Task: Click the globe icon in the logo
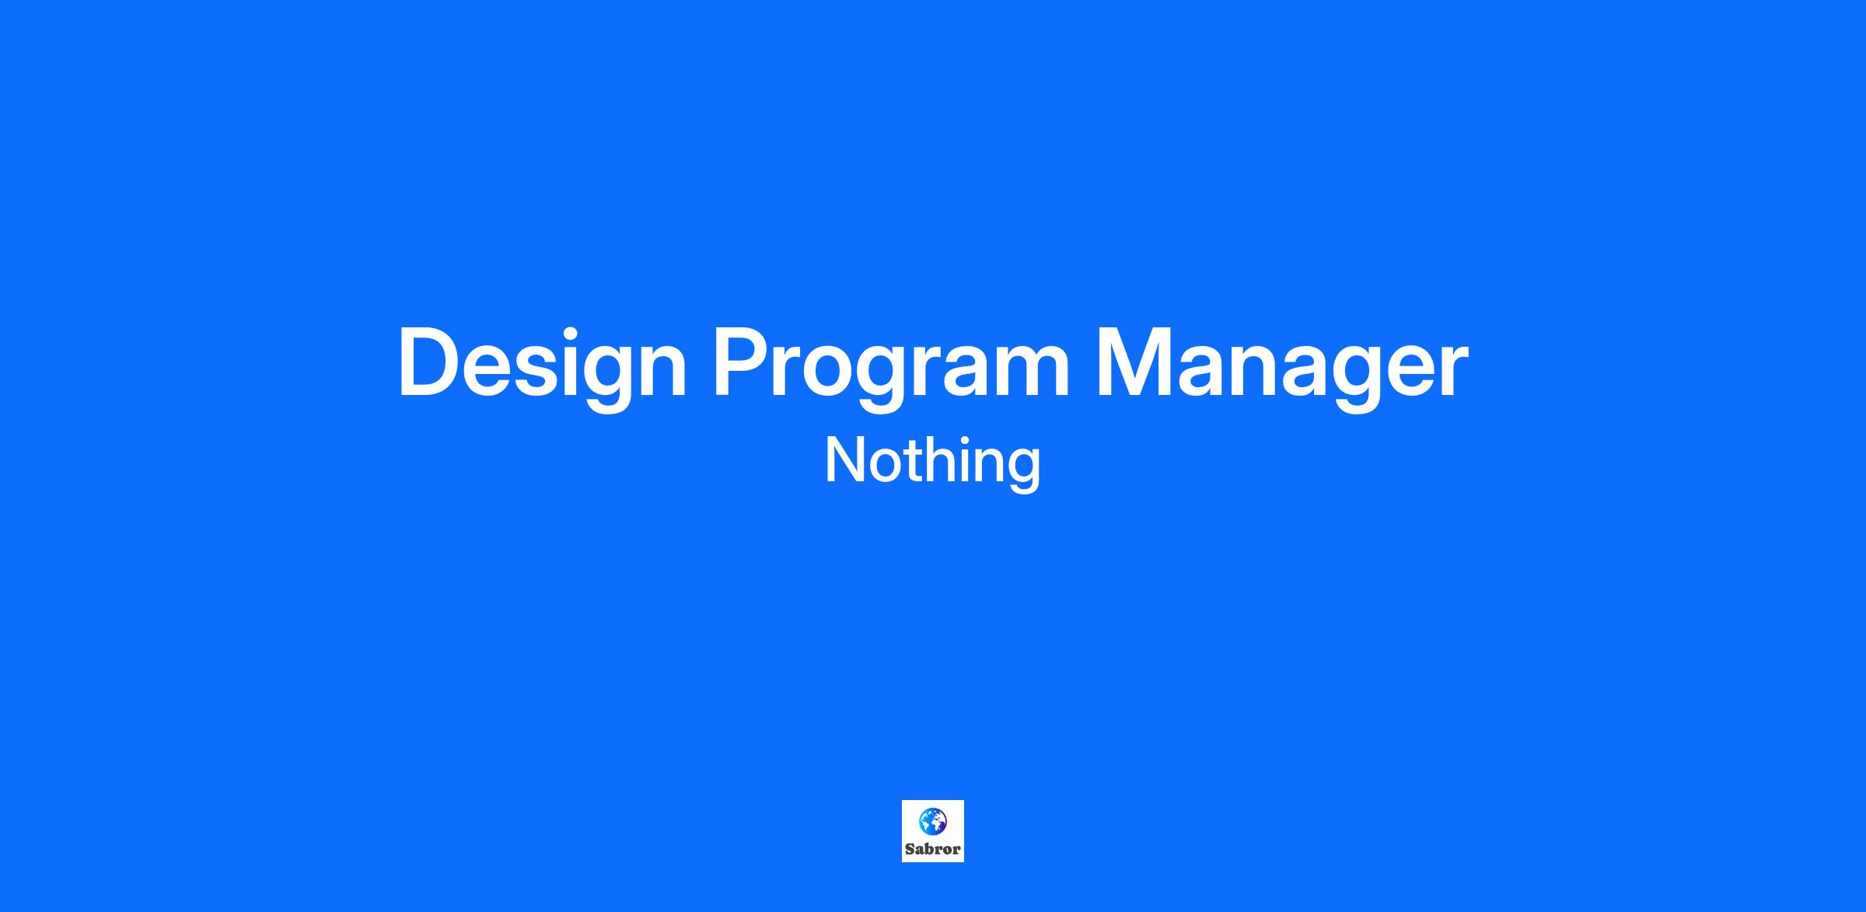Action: pos(933,821)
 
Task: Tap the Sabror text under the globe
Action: pos(933,849)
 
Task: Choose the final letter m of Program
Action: pos(1031,371)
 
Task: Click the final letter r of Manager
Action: pos(1452,371)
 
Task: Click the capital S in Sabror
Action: pos(910,849)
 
